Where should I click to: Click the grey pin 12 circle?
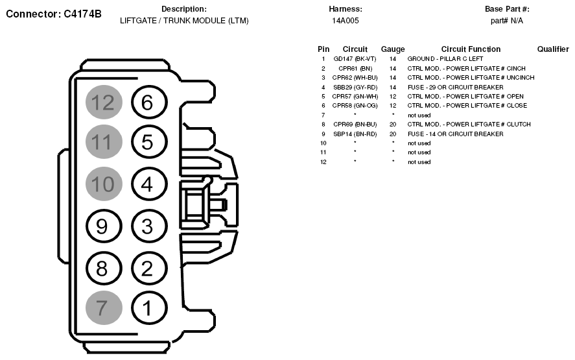[x=102, y=102]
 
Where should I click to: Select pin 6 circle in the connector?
[x=147, y=102]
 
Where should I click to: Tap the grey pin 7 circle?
[x=102, y=307]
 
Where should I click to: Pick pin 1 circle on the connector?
[x=147, y=307]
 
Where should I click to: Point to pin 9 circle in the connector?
[x=102, y=226]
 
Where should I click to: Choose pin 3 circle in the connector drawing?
[x=147, y=226]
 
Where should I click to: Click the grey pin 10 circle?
[x=102, y=184]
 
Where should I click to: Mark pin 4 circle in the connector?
[x=147, y=184]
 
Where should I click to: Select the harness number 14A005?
[x=346, y=21]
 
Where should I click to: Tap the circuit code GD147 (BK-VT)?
[x=355, y=59]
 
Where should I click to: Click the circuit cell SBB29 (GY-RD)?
[x=355, y=87]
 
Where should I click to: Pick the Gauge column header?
[x=393, y=49]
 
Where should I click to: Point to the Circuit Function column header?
[x=471, y=49]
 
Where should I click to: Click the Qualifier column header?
[x=553, y=49]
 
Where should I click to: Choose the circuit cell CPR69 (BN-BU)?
[x=355, y=124]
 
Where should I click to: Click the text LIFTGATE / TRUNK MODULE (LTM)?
[x=184, y=21]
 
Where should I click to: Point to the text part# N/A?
[x=507, y=21]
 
